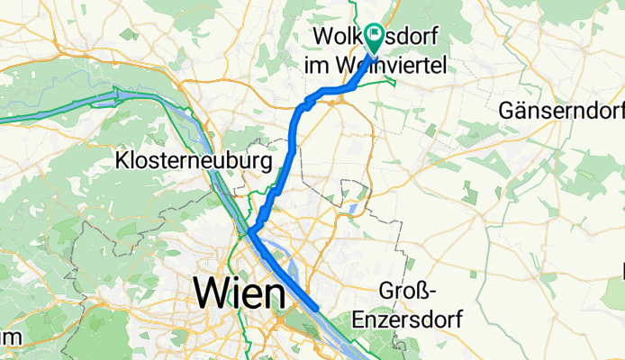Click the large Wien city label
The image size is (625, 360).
(239, 292)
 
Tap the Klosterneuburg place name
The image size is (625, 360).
(195, 162)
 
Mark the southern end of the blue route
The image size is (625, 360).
(316, 307)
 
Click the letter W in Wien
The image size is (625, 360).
(213, 292)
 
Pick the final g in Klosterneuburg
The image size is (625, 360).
(266, 165)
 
